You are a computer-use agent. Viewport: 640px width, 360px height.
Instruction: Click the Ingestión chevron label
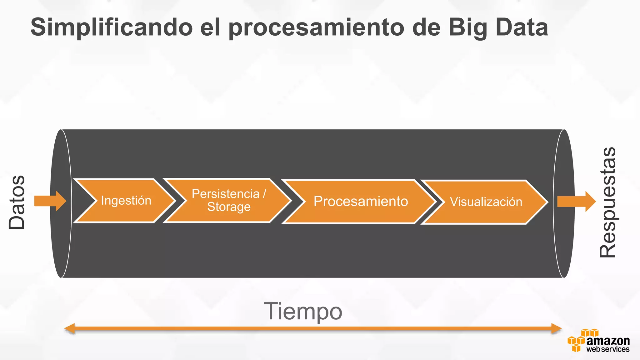tap(126, 201)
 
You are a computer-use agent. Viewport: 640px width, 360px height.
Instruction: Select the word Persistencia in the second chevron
tap(225, 194)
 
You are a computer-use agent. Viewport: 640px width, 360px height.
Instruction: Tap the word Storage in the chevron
tap(229, 207)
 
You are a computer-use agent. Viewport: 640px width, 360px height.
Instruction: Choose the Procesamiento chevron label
tap(361, 201)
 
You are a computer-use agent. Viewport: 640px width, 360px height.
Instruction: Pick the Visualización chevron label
tap(486, 202)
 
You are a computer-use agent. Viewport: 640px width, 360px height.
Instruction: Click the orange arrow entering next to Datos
tap(50, 201)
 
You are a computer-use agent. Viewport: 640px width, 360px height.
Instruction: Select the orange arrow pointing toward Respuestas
tap(576, 202)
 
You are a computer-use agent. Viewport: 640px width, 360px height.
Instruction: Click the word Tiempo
tap(303, 311)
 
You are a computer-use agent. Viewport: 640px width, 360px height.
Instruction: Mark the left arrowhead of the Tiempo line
tap(69, 328)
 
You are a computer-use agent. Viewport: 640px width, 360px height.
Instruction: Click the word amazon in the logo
tap(608, 341)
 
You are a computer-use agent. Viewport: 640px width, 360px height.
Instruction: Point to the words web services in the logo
tap(607, 349)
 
